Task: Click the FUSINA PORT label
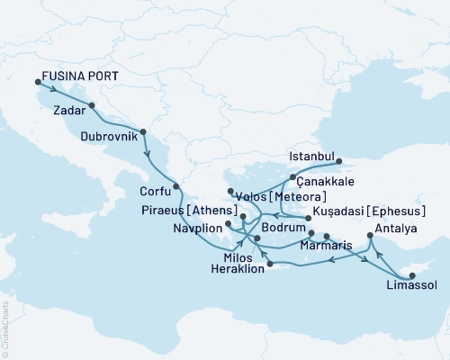pyautogui.click(x=84, y=77)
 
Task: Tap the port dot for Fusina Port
pyautogui.click(x=37, y=83)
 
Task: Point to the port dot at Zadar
pyautogui.click(x=92, y=105)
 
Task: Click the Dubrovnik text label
pyautogui.click(x=110, y=136)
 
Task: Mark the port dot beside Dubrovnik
pyautogui.click(x=143, y=130)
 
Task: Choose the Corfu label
pyautogui.click(x=155, y=190)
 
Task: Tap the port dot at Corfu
pyautogui.click(x=176, y=186)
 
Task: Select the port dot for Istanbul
pyautogui.click(x=338, y=163)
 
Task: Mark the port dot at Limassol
pyautogui.click(x=410, y=274)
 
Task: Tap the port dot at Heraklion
pyautogui.click(x=266, y=265)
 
